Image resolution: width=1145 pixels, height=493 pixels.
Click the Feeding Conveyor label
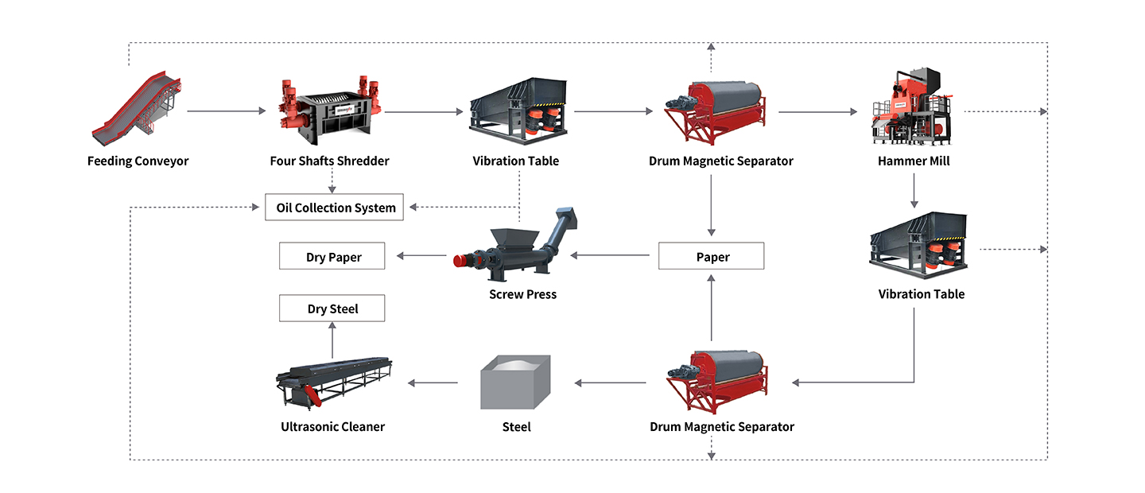(x=138, y=161)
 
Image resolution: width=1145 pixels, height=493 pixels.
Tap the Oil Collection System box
(x=336, y=208)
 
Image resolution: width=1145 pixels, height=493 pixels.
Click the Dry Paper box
(x=332, y=256)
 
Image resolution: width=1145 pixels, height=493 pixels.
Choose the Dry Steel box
(x=332, y=309)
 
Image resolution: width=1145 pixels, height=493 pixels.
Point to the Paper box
(x=712, y=256)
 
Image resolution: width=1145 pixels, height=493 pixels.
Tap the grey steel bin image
(x=515, y=382)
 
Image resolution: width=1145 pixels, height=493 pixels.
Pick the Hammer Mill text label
(x=914, y=161)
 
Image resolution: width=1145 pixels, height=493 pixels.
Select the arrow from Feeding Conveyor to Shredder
(x=227, y=112)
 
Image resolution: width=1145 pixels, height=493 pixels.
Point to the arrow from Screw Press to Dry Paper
(x=421, y=256)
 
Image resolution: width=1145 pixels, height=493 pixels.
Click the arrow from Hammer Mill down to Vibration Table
(x=914, y=190)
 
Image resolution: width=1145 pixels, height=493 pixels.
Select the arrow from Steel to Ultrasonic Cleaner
(x=433, y=383)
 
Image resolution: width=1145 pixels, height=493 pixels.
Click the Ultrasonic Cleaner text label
(x=332, y=427)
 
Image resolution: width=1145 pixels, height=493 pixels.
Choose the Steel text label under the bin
(x=516, y=427)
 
